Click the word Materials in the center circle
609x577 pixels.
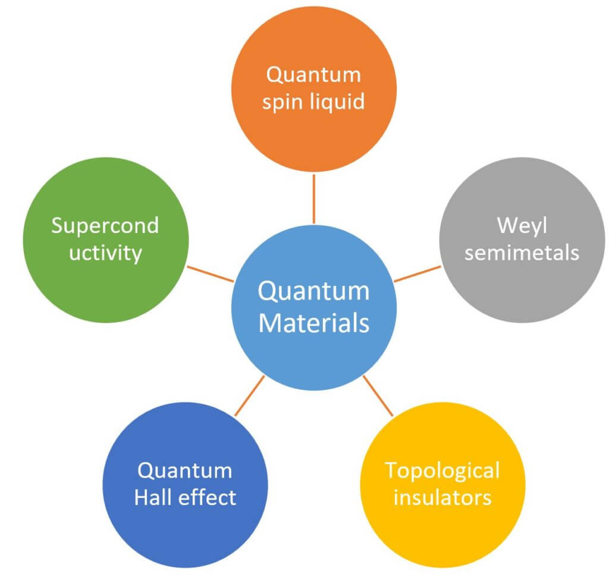tap(313, 323)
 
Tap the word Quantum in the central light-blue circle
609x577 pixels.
tap(313, 292)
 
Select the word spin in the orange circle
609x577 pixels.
tap(283, 102)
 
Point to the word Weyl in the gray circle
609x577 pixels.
tap(522, 226)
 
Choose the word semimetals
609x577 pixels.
tap(522, 253)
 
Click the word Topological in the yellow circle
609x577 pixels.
tap(442, 470)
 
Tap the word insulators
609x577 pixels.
tap(442, 497)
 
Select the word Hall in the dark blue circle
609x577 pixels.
tap(156, 497)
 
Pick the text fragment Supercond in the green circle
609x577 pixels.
tap(105, 226)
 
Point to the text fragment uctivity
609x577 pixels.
tap(105, 253)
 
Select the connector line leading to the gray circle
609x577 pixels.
tap(417, 273)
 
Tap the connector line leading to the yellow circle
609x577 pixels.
tap(378, 396)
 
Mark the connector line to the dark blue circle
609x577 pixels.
tap(249, 396)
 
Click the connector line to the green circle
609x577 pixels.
tap(209, 273)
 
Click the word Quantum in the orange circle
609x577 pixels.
tap(313, 75)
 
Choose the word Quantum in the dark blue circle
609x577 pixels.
tap(185, 471)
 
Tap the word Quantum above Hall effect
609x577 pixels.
tap(185, 471)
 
